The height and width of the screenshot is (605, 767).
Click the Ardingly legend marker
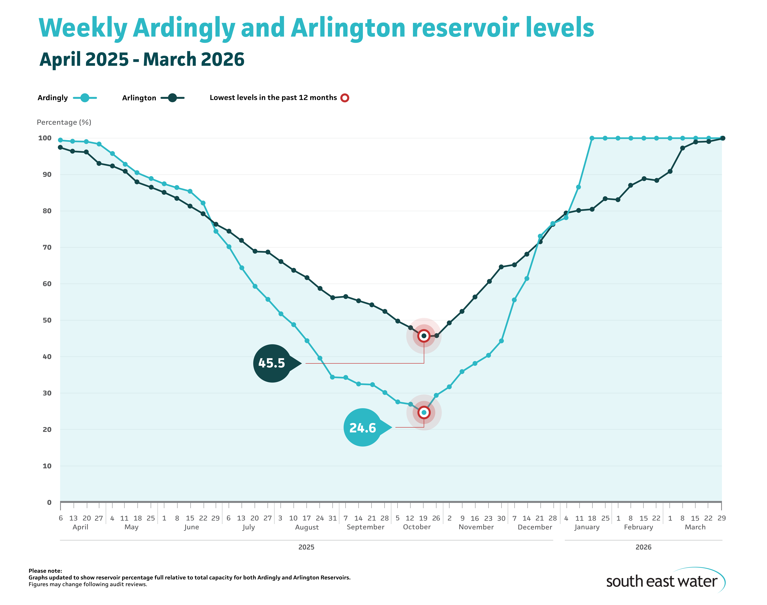(x=85, y=98)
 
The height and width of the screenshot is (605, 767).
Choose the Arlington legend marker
(x=172, y=98)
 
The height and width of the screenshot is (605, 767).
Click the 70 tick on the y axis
(x=47, y=247)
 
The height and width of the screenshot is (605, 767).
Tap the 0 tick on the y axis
(x=49, y=502)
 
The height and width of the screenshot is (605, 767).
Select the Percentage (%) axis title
(x=64, y=122)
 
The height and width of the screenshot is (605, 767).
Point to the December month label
(x=535, y=527)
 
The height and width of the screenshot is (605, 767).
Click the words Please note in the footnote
(x=45, y=571)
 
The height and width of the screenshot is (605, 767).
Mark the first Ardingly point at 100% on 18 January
(x=592, y=138)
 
